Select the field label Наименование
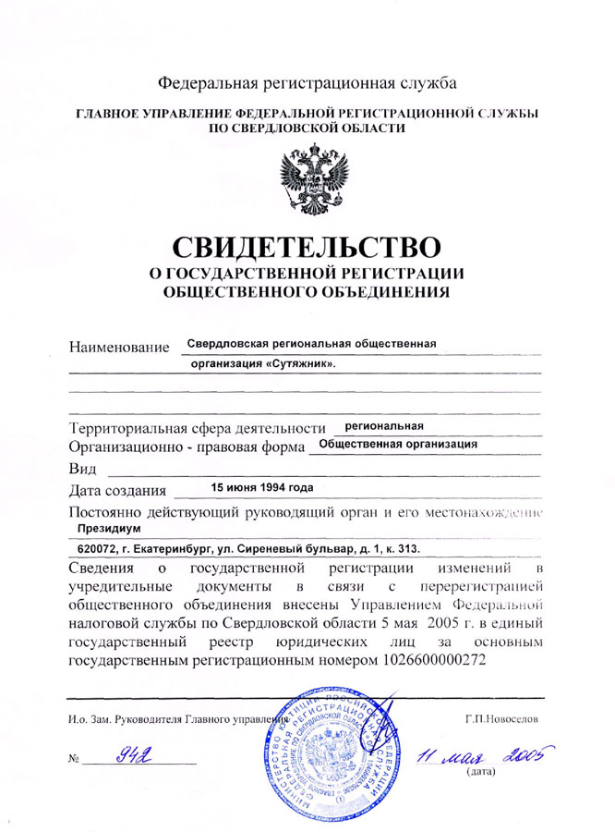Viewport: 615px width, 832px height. click(x=120, y=348)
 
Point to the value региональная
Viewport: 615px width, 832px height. click(x=383, y=426)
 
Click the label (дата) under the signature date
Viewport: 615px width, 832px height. click(x=483, y=771)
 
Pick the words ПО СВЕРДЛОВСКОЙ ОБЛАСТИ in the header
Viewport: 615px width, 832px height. click(x=307, y=128)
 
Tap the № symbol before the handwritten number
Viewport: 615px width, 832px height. click(x=74, y=760)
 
